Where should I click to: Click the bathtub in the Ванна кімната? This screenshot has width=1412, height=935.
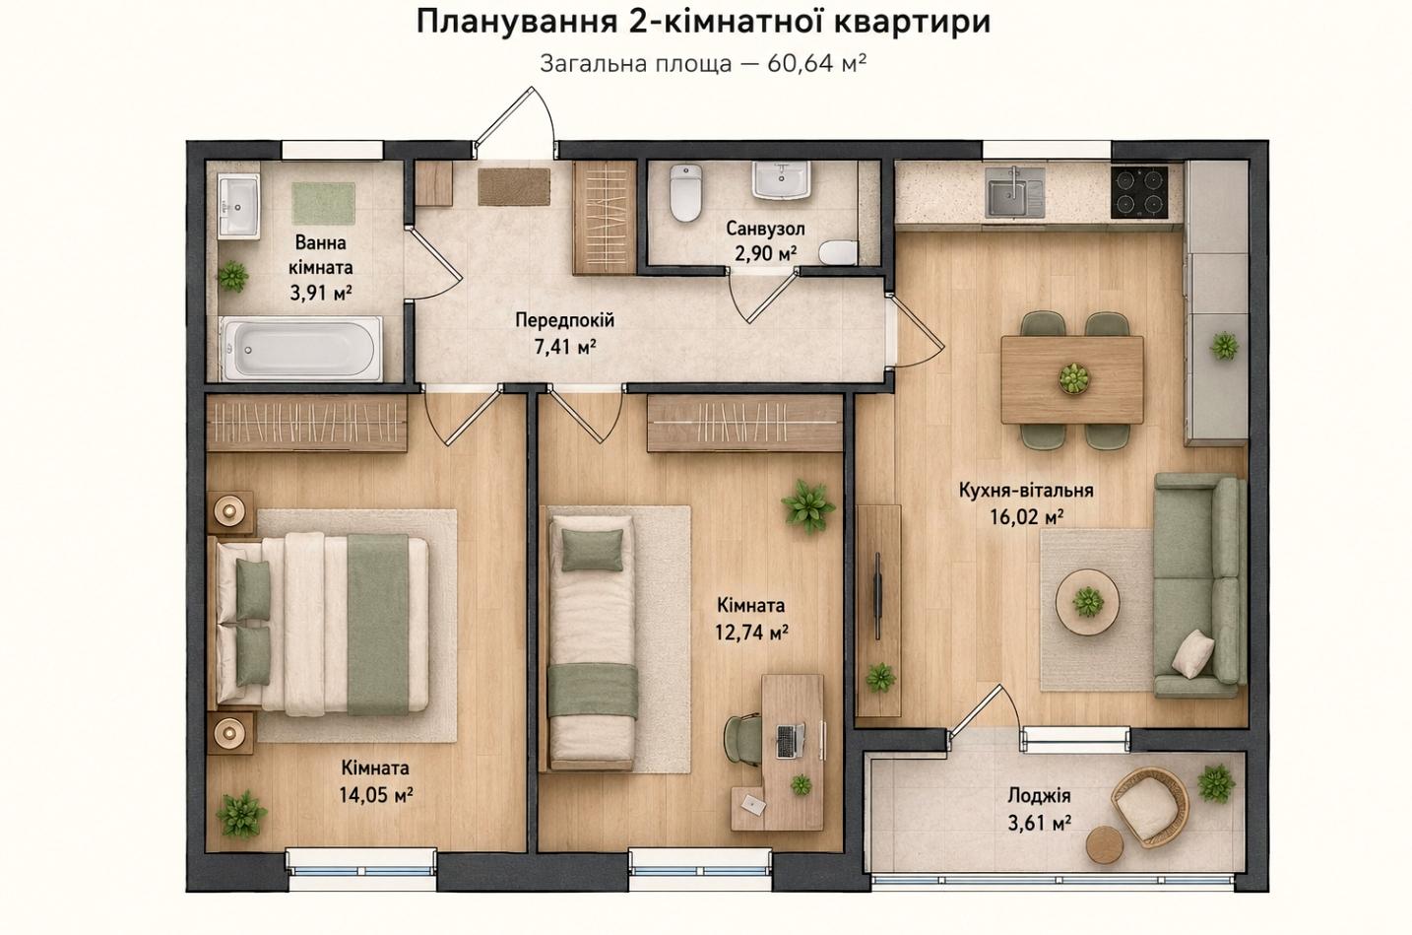300,349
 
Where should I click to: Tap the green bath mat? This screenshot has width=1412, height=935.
323,203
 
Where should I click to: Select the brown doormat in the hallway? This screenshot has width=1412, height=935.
514,187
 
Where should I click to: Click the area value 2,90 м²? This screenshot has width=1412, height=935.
765,253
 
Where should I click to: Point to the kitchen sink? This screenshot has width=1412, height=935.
1015,191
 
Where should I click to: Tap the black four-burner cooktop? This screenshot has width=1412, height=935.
1139,192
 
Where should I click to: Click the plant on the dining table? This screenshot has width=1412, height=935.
1074,378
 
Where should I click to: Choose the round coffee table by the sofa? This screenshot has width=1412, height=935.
1088,602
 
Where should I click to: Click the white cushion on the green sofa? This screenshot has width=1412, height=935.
1192,654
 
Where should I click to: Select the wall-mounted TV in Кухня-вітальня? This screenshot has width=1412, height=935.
877,596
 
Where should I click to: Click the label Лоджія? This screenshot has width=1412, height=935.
1040,795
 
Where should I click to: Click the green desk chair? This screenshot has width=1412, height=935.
743,739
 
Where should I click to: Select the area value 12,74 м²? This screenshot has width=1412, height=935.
751,633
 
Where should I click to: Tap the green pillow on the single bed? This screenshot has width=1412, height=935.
591,550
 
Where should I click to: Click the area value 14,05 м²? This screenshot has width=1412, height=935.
376,795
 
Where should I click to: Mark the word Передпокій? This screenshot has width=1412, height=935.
565,320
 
